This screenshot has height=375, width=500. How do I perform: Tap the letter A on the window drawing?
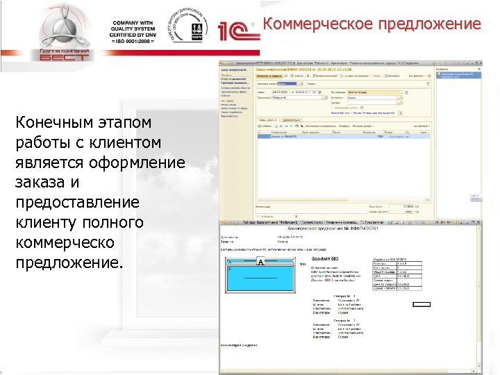pos(260,263)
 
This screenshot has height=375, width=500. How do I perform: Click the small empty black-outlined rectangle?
pos(422,304)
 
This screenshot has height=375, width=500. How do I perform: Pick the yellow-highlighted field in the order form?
pos(365,92)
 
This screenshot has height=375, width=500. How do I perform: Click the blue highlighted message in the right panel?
pos(457,72)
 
